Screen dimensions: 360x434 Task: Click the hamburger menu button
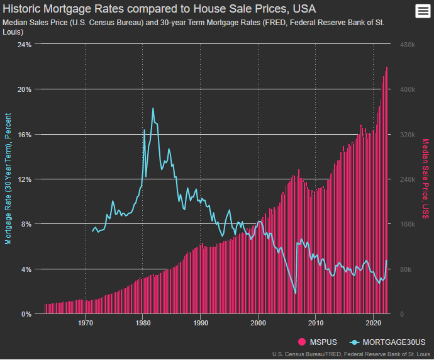(x=421, y=11)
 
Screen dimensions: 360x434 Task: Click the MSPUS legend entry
(x=320, y=342)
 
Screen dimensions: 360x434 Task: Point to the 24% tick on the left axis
(x=24, y=45)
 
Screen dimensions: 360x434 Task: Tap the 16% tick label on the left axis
(x=24, y=135)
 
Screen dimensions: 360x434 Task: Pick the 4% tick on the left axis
(x=26, y=269)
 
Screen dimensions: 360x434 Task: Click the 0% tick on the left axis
(x=26, y=314)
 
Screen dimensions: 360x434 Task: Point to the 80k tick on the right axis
(x=405, y=269)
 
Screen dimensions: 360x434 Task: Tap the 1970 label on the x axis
(x=86, y=323)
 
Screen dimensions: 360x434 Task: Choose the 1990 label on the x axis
(x=201, y=323)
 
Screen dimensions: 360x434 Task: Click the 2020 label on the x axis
(x=374, y=323)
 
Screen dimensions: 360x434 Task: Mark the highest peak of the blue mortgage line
(x=153, y=108)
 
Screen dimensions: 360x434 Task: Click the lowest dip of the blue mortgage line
(x=296, y=293)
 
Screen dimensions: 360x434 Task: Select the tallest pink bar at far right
(x=387, y=189)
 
